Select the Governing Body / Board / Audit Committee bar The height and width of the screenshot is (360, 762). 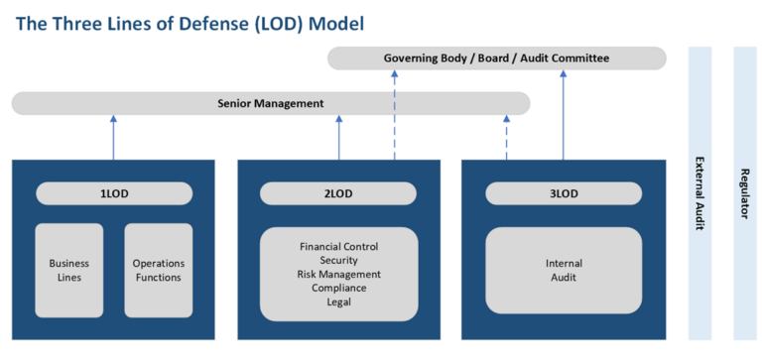[496, 59]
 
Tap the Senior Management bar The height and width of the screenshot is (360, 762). [271, 103]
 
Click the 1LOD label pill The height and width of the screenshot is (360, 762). [114, 193]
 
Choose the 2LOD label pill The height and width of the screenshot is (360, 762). [338, 193]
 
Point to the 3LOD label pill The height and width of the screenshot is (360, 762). [564, 193]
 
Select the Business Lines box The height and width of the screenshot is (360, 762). [69, 270]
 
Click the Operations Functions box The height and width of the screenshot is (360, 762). [159, 270]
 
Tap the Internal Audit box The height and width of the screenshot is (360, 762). [564, 270]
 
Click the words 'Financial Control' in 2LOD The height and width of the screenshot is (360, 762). [338, 246]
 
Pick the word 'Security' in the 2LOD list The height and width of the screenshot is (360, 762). [338, 260]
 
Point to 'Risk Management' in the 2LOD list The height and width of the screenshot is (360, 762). [338, 274]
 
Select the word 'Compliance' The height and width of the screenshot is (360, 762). [338, 288]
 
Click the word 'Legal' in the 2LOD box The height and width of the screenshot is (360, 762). [338, 301]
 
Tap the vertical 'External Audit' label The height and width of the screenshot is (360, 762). [699, 193]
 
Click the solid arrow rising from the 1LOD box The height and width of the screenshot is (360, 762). [113, 137]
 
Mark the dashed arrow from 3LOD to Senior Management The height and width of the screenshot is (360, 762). [507, 137]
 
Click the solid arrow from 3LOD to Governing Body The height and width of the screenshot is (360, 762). [564, 114]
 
